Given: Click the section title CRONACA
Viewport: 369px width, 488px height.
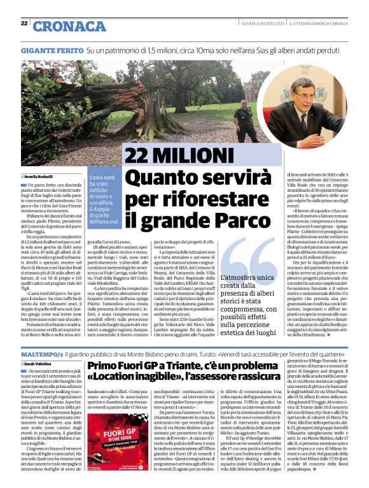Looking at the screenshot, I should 60,25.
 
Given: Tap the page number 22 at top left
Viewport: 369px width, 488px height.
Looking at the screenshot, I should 24,24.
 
